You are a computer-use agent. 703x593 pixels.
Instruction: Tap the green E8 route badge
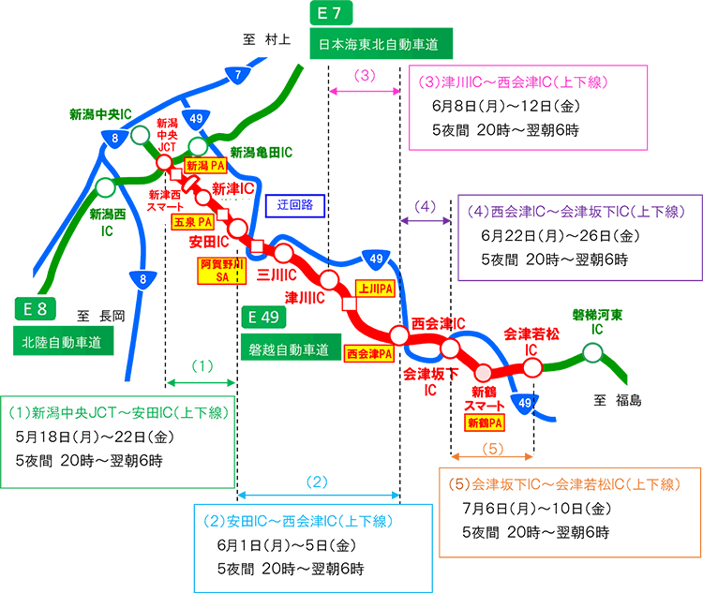tap(36, 307)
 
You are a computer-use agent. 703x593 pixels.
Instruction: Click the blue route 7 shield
tap(238, 72)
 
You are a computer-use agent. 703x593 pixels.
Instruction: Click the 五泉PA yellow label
tap(192, 224)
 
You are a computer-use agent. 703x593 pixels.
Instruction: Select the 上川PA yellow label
tap(374, 289)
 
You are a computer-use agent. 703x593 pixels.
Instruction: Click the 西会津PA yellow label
tap(368, 354)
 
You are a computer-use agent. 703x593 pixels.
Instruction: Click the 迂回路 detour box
tap(294, 203)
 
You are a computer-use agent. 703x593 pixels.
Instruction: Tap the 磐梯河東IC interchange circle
tap(591, 353)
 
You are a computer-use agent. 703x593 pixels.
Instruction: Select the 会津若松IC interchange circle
tap(532, 366)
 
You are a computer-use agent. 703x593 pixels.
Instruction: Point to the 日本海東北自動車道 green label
tap(381, 44)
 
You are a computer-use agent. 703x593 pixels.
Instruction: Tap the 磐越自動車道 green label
tap(289, 350)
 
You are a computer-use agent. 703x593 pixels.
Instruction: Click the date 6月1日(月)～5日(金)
tap(284, 545)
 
